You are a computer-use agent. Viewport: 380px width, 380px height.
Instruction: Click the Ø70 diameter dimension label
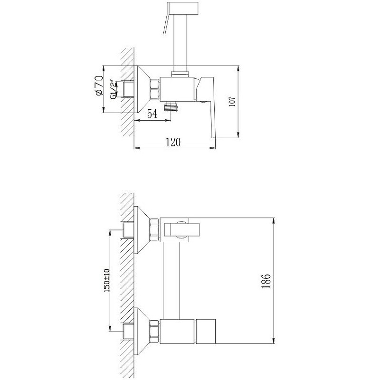(99, 85)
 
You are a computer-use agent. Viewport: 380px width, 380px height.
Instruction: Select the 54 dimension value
(152, 114)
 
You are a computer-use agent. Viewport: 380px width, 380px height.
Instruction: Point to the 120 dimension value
(173, 142)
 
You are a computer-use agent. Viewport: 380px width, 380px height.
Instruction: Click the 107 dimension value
(232, 102)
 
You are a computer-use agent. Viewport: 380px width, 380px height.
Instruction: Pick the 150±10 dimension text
(107, 280)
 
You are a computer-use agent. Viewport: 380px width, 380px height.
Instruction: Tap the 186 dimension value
(266, 281)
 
